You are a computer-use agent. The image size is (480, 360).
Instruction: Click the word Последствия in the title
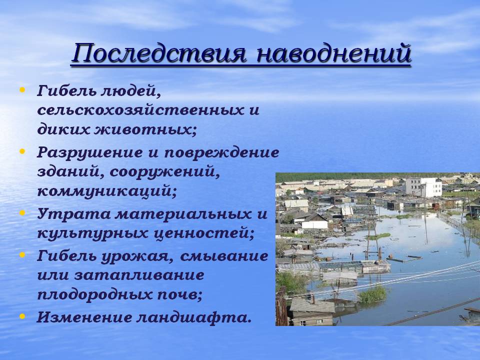[x=159, y=54]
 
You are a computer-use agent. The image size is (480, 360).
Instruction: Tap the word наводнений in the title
[x=334, y=54]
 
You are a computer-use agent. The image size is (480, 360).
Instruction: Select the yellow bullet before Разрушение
[x=22, y=150]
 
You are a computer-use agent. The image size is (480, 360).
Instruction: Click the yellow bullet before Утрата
[x=22, y=212]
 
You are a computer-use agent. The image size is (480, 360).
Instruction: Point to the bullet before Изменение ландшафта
[x=22, y=315]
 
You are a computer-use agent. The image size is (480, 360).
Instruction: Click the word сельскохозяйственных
[x=136, y=110]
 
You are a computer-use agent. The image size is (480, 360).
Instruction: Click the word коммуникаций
[x=107, y=192]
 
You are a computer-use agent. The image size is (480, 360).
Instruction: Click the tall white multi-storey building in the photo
[x=423, y=187]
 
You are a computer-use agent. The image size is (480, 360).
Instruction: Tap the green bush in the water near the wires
[x=372, y=293]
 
